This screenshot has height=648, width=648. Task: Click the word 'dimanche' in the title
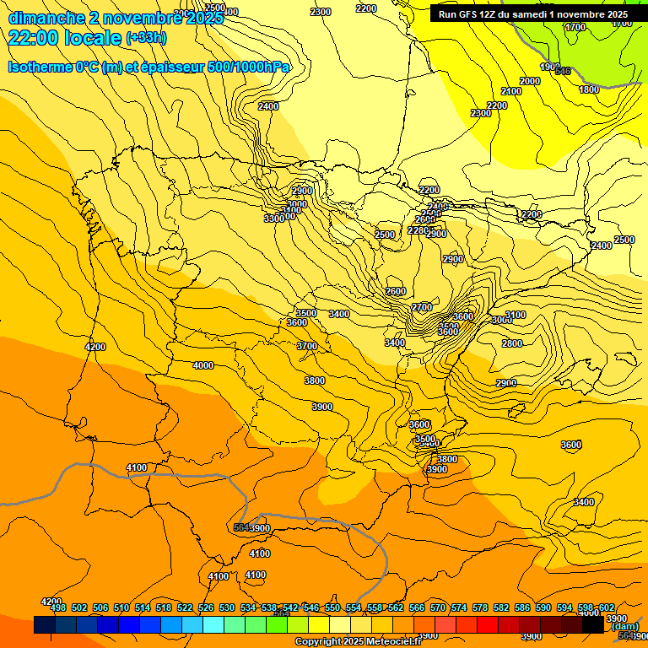pos(46,18)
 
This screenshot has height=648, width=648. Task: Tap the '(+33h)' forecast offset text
pos(146,38)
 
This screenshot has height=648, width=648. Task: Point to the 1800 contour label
pos(589,89)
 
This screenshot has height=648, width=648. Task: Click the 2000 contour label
pos(530,81)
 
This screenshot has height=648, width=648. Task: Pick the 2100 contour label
pos(511,91)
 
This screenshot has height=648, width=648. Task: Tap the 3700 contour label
pos(307,346)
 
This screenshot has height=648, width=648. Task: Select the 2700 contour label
pos(422,307)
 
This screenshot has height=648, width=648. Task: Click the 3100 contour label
pos(515,315)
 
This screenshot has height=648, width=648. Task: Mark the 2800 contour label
pos(511,343)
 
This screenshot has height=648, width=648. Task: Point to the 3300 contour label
pos(274,219)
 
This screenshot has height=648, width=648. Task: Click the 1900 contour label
pos(549,67)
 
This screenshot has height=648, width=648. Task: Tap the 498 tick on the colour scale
pos(58,607)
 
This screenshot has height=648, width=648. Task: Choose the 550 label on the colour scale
pos(332,607)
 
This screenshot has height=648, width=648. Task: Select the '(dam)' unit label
pos(624,626)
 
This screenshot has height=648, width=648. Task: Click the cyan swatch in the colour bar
pos(213,625)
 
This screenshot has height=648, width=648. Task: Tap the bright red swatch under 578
pos(487,625)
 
